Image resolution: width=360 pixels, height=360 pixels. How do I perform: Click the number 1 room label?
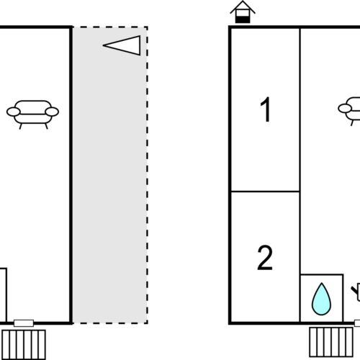(266, 109)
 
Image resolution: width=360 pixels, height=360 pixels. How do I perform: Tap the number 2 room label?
(265, 258)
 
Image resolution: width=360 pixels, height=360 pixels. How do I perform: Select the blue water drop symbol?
(321, 299)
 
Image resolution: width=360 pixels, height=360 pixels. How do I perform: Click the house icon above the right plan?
(243, 12)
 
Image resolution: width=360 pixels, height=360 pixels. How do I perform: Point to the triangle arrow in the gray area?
(122, 45)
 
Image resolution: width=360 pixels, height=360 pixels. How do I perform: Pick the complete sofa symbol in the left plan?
(32, 114)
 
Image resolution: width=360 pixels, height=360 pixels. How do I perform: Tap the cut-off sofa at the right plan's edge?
(349, 111)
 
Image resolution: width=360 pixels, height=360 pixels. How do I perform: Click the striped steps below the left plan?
(24, 345)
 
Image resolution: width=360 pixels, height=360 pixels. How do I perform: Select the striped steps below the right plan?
(331, 342)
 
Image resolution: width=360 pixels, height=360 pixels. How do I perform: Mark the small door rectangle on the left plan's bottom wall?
(24, 323)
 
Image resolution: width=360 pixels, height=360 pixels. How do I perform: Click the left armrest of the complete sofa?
(14, 112)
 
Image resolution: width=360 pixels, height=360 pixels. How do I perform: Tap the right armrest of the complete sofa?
(52, 112)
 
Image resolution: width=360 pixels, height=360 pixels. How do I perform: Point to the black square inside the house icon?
(243, 19)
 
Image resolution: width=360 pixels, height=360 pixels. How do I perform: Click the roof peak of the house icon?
(243, 1)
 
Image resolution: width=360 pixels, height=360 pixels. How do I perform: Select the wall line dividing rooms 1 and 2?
(265, 192)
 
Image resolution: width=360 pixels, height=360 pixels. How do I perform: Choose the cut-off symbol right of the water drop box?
(356, 292)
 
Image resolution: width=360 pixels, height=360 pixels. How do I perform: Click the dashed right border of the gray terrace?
(147, 175)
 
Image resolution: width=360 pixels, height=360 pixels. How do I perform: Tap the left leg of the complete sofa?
(21, 126)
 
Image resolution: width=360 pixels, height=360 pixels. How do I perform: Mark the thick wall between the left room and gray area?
(71, 175)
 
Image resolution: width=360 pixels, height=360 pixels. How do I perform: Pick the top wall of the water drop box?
(322, 274)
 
